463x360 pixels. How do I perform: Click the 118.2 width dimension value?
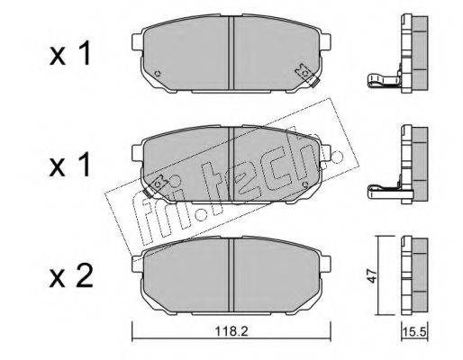pos(231,331)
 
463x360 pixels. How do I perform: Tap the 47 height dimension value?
pos(372,275)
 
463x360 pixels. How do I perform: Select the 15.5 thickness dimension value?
pos(414,332)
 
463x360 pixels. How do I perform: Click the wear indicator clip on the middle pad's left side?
pos(156,185)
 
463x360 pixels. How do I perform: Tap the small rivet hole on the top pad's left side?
pos(157,73)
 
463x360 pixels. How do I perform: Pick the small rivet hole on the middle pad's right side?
pos(306,184)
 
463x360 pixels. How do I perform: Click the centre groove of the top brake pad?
pos(231,53)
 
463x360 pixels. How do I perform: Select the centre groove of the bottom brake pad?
pos(231,274)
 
